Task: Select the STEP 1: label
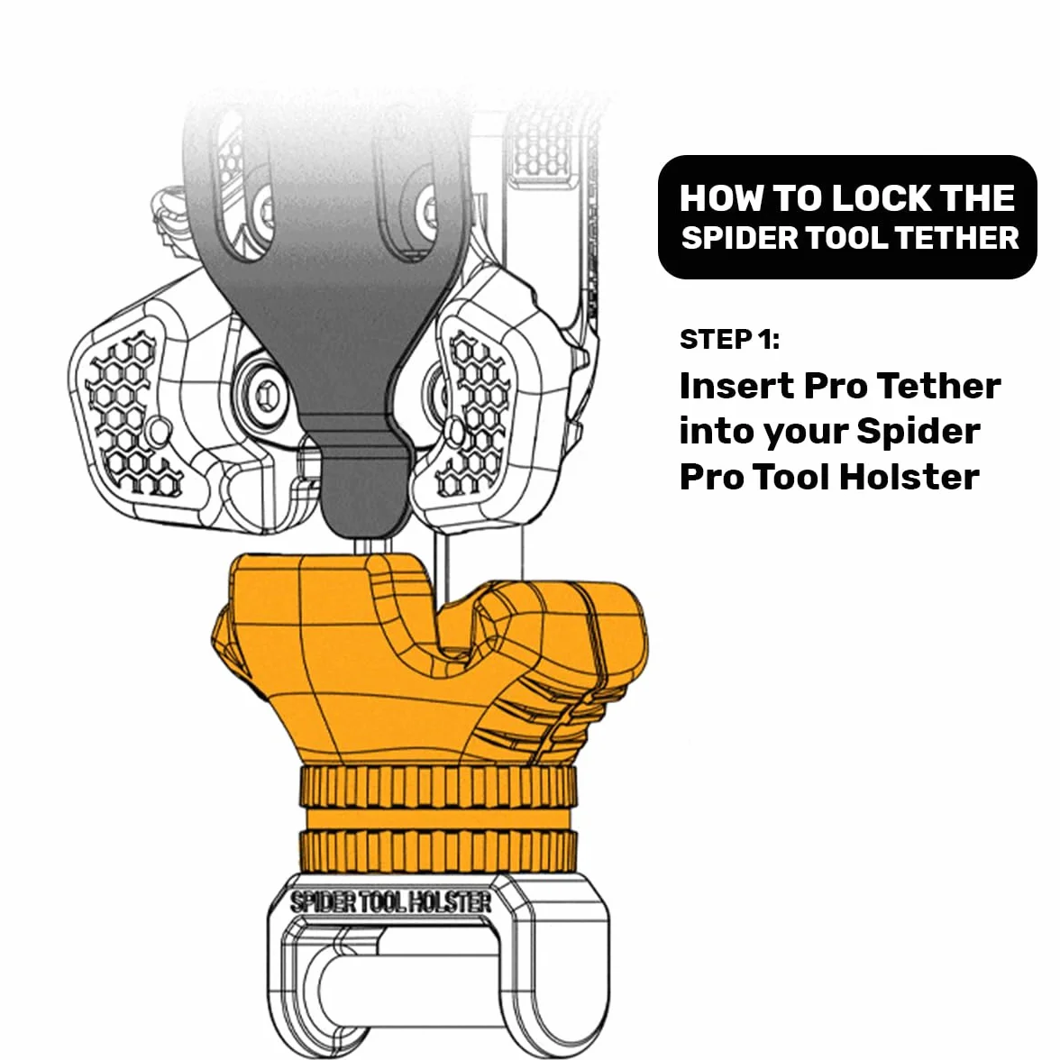pyautogui.click(x=729, y=339)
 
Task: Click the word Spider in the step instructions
pyautogui.click(x=918, y=431)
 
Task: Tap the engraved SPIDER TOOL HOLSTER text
pyautogui.click(x=391, y=902)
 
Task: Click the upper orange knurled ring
pyautogui.click(x=438, y=786)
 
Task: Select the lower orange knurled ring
pyautogui.click(x=438, y=851)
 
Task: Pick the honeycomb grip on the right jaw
pyautogui.click(x=478, y=413)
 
